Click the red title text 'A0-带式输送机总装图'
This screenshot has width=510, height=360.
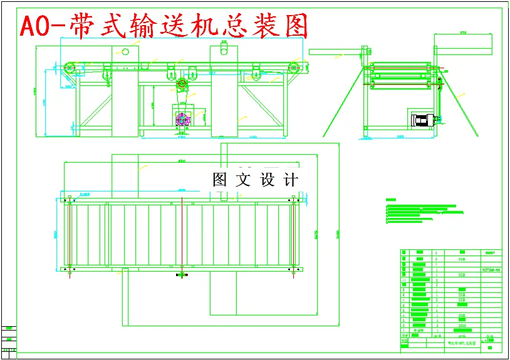[x=165, y=26]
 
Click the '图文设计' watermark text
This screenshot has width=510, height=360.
[x=255, y=180]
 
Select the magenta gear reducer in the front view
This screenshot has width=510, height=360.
[x=183, y=119]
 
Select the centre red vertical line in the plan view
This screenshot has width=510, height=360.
[x=182, y=235]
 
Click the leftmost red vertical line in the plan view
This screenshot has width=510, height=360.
[x=68, y=235]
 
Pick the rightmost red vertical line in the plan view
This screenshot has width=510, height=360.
[x=293, y=235]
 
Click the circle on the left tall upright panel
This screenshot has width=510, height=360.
[x=125, y=52]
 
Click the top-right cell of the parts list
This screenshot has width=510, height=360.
[x=491, y=253]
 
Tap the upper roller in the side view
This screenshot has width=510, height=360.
[x=401, y=66]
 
